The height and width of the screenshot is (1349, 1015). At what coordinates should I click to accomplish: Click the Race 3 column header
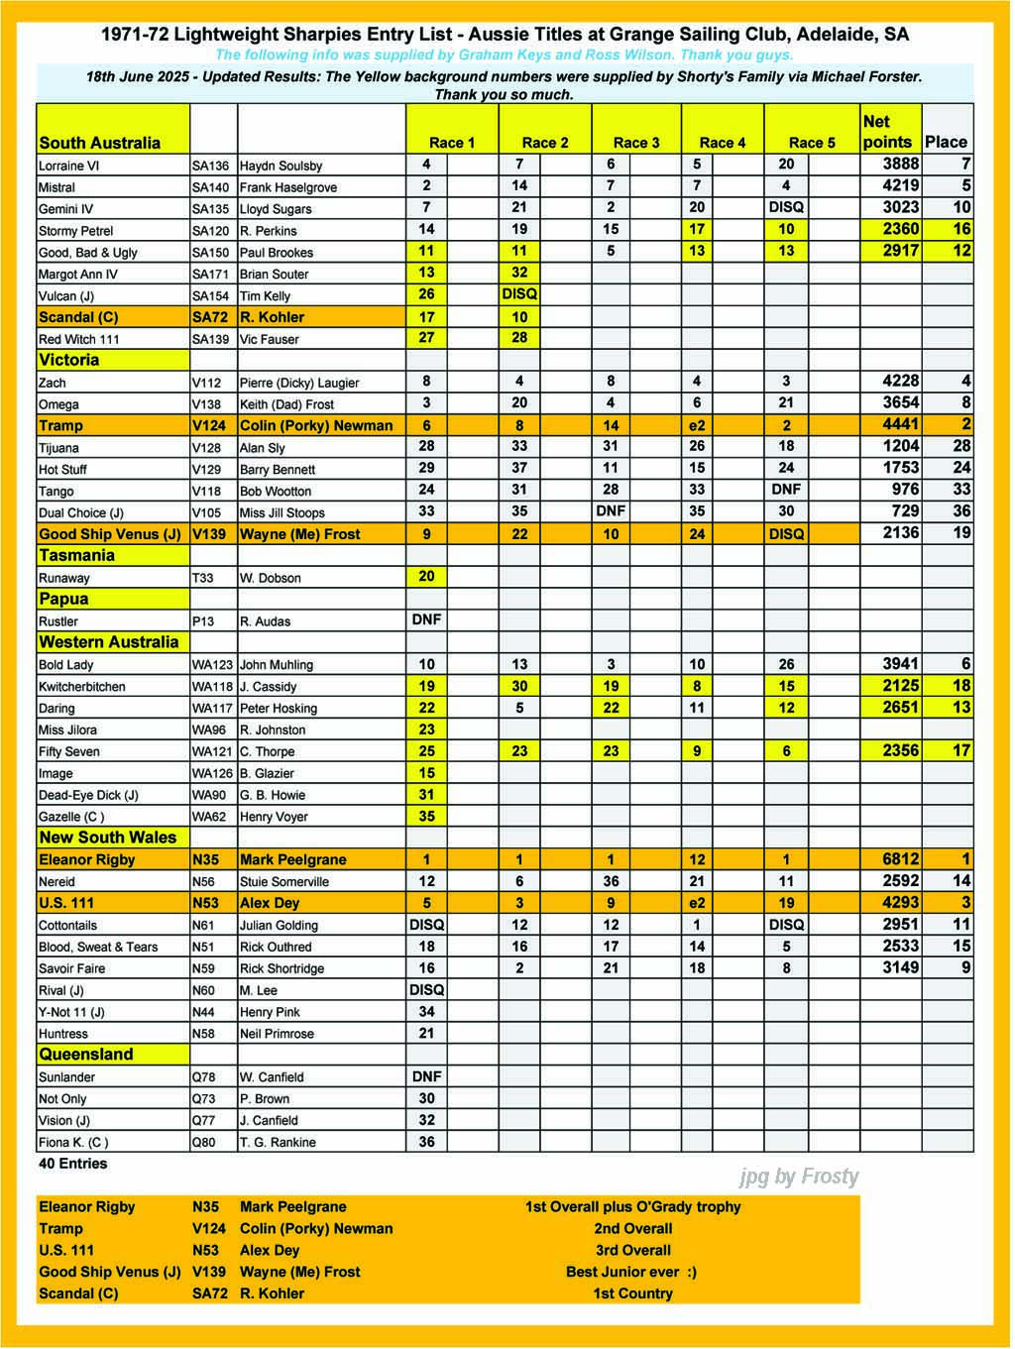[x=636, y=143]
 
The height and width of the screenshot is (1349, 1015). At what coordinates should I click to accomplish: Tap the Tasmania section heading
[x=77, y=556]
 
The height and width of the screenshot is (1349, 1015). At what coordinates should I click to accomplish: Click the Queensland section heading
[x=86, y=1055]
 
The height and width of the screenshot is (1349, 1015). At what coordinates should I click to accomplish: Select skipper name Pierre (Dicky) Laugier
[x=299, y=383]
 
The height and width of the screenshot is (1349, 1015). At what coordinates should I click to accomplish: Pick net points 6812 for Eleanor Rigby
[x=901, y=859]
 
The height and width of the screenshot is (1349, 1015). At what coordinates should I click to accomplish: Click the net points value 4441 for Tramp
[x=901, y=424]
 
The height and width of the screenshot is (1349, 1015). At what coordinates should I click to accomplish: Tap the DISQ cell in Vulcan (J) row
[x=519, y=294]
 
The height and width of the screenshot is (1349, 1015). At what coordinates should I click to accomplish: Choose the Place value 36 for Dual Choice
[x=960, y=511]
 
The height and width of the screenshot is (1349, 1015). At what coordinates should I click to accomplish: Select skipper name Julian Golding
[x=279, y=926]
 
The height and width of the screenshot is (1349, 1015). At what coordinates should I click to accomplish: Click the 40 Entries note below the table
[x=73, y=1164]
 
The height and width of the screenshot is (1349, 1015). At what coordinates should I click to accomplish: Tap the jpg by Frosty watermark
[x=799, y=1177]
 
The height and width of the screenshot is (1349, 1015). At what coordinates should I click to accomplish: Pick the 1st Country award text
[x=632, y=1293]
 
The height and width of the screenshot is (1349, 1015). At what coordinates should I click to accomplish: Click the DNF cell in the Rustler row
[x=426, y=619]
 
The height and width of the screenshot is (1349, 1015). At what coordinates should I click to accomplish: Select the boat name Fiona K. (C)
[x=73, y=1142]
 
